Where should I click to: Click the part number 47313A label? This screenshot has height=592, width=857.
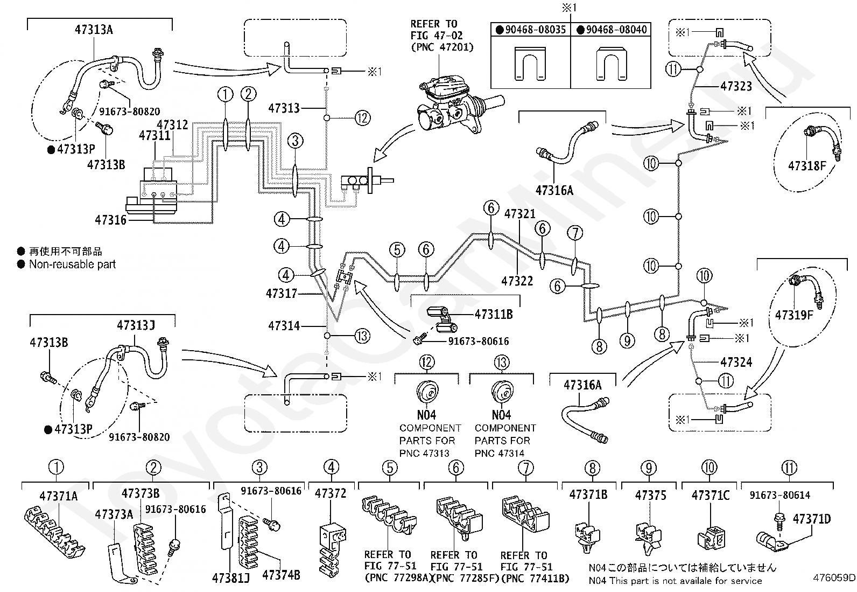coord(94,30)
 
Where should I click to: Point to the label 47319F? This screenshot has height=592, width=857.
coord(794,315)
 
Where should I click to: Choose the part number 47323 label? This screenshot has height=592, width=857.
coord(736,86)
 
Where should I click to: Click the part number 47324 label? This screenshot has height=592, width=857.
coord(736,362)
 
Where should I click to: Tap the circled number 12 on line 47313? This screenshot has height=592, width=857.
coord(363,117)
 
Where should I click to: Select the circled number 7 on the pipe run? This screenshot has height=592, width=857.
coord(575,233)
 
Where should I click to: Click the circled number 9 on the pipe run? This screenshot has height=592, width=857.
coord(627,340)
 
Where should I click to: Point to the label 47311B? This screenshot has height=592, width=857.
coord(493,314)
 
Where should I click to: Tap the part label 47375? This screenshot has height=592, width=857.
coord(650,495)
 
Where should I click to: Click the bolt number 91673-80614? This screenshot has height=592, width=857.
coord(779,495)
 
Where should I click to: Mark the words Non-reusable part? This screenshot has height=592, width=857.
coord(72,264)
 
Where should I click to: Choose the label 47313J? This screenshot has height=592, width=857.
coord(136,325)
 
